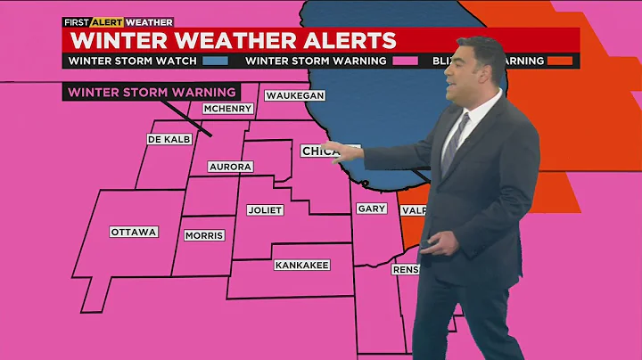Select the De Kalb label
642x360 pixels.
pyautogui.click(x=169, y=139)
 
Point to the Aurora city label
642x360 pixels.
pyautogui.click(x=230, y=167)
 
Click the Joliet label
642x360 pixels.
pyautogui.click(x=265, y=210)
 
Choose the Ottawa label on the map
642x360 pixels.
pyautogui.click(x=134, y=232)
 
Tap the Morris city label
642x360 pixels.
pyautogui.click(x=204, y=235)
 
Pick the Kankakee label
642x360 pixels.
pyautogui.click(x=302, y=265)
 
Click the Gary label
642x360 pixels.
pyautogui.click(x=371, y=209)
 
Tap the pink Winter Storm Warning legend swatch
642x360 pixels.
pyautogui.click(x=406, y=61)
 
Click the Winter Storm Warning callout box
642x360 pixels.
pyautogui.click(x=152, y=92)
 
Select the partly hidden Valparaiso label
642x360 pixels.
pyautogui.click(x=413, y=210)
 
